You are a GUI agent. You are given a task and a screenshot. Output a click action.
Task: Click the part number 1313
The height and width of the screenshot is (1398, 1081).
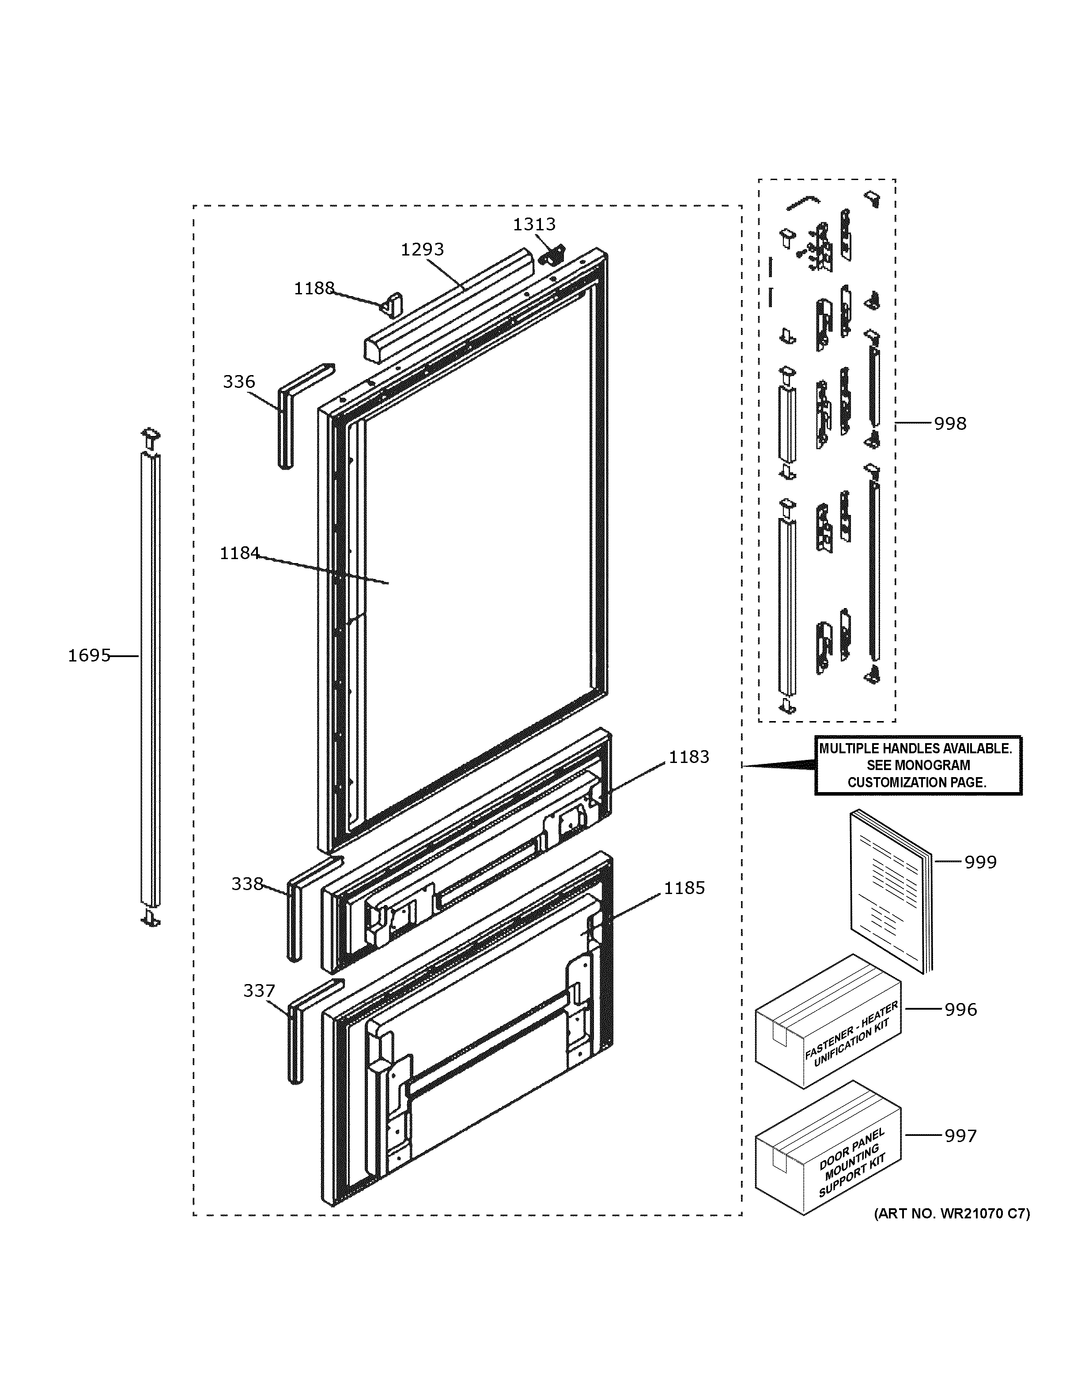point(533,225)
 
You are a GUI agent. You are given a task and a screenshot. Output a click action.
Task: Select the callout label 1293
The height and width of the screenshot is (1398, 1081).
point(422,250)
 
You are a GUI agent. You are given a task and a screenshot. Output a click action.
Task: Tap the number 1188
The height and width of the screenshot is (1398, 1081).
point(314,289)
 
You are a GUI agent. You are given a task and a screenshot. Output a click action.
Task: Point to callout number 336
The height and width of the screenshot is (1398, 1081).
point(239,382)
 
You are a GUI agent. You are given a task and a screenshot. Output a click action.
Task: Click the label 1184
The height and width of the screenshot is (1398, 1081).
point(239,553)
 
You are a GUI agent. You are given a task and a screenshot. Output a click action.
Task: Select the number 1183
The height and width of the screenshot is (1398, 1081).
point(689,757)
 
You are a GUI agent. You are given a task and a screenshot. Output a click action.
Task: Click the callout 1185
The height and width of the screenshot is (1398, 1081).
point(684,888)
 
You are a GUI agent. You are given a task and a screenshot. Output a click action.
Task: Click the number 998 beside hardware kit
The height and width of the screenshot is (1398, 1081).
point(950,424)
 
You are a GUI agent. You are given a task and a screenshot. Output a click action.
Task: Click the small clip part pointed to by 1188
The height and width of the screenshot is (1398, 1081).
point(393,304)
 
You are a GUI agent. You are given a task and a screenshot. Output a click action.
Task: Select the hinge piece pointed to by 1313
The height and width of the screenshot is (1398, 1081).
point(552,256)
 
